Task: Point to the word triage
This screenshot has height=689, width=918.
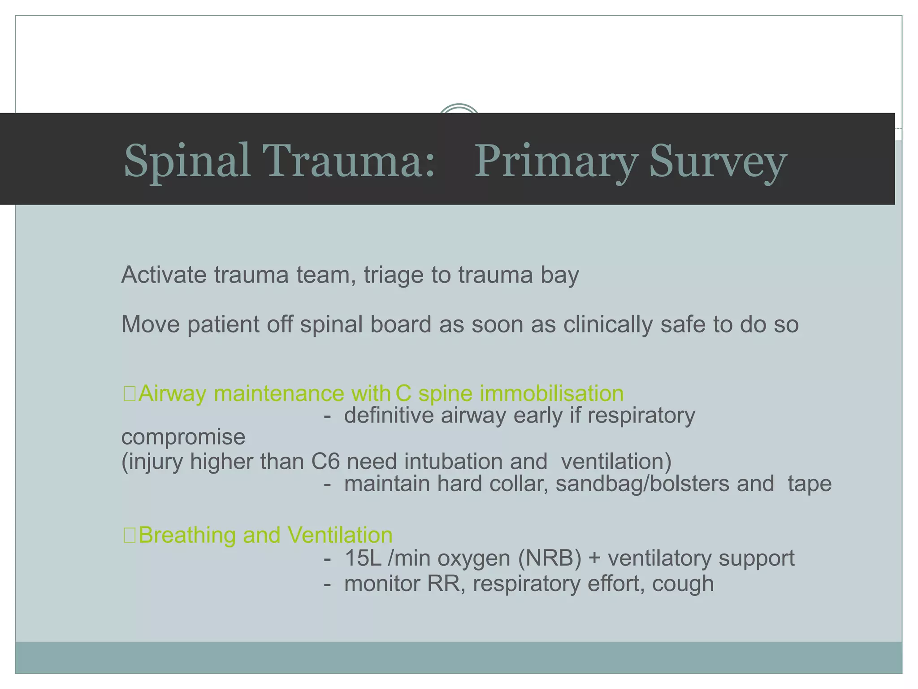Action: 393,275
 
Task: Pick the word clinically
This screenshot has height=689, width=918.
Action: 607,324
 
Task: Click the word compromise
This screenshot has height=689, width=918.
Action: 183,437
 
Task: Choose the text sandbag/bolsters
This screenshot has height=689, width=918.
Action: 642,484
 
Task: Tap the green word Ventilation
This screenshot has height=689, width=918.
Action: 340,535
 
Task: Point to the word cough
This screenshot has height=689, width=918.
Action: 683,584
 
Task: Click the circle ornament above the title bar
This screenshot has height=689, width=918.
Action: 459,109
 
